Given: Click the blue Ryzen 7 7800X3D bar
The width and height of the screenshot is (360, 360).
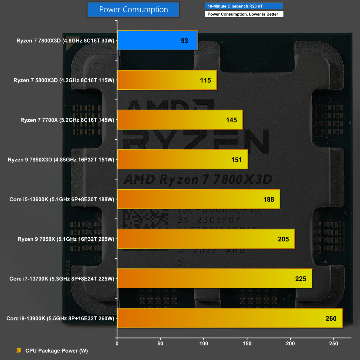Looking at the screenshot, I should click(x=157, y=40).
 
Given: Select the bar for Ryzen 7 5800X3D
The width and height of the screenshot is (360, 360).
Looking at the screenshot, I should click(x=167, y=80).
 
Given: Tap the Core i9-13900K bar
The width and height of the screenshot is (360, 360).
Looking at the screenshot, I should click(x=229, y=318).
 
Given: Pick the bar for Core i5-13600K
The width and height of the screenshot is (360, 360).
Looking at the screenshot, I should click(x=199, y=199).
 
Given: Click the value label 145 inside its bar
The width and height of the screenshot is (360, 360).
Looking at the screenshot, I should click(x=231, y=120).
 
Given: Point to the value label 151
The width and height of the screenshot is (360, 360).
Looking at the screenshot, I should click(x=236, y=160).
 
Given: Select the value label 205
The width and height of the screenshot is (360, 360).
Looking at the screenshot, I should click(x=283, y=239).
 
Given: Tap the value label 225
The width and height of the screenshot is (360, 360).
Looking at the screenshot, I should click(x=301, y=279).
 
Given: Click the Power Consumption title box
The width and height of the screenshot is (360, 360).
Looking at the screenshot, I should click(x=133, y=10).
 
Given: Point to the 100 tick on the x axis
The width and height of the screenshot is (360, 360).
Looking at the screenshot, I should click(x=204, y=343).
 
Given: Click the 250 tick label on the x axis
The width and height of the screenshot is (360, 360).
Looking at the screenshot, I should click(x=333, y=343).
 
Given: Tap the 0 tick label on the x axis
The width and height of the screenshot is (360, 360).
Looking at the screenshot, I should click(x=117, y=343).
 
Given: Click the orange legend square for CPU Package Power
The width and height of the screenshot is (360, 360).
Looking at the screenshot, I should click(x=19, y=350).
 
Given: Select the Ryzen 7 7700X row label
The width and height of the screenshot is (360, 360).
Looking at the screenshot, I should click(x=67, y=120).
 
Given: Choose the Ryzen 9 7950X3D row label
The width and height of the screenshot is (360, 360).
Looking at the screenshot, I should click(x=61, y=160).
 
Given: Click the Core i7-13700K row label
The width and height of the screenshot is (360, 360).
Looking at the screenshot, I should click(x=62, y=279).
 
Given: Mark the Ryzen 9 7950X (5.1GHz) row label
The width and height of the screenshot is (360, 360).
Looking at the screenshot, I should click(x=66, y=239).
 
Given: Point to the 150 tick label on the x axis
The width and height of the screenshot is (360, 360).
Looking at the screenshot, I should click(x=247, y=343).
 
